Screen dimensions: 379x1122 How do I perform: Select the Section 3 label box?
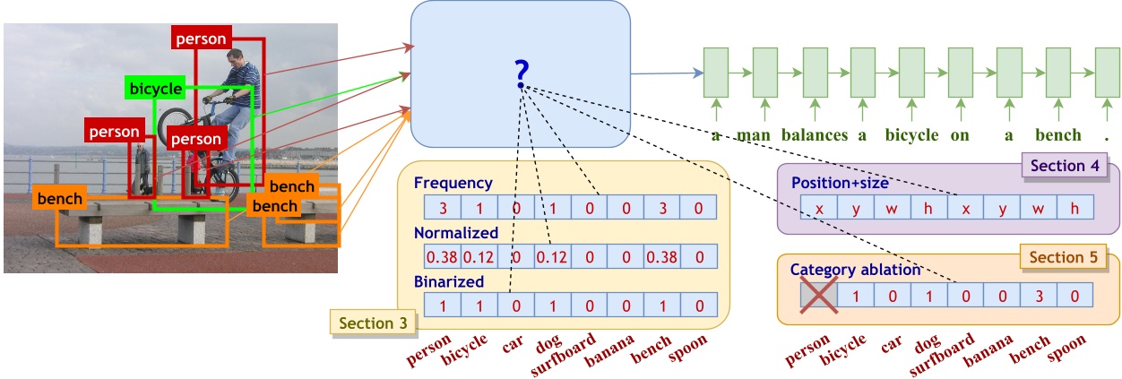tap(367, 323)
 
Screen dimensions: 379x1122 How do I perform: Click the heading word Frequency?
tap(453, 183)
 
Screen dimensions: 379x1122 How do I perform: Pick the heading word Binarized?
tap(449, 281)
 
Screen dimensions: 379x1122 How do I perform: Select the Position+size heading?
tap(839, 183)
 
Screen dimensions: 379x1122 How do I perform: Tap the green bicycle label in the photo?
tap(155, 89)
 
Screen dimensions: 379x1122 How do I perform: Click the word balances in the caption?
tap(814, 136)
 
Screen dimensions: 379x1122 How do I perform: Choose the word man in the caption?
tap(753, 136)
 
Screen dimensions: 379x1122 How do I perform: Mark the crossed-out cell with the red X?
tap(819, 295)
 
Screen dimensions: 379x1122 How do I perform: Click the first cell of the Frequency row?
tap(443, 208)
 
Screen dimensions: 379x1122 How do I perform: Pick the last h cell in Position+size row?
tap(1074, 208)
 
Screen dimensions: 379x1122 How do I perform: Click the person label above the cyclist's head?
tap(201, 39)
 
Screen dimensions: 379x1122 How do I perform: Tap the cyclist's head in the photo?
tap(236, 60)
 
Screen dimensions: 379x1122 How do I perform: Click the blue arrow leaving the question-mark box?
tap(663, 73)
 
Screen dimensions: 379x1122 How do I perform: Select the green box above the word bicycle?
tap(911, 73)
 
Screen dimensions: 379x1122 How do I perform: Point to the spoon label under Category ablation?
tap(1066, 345)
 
